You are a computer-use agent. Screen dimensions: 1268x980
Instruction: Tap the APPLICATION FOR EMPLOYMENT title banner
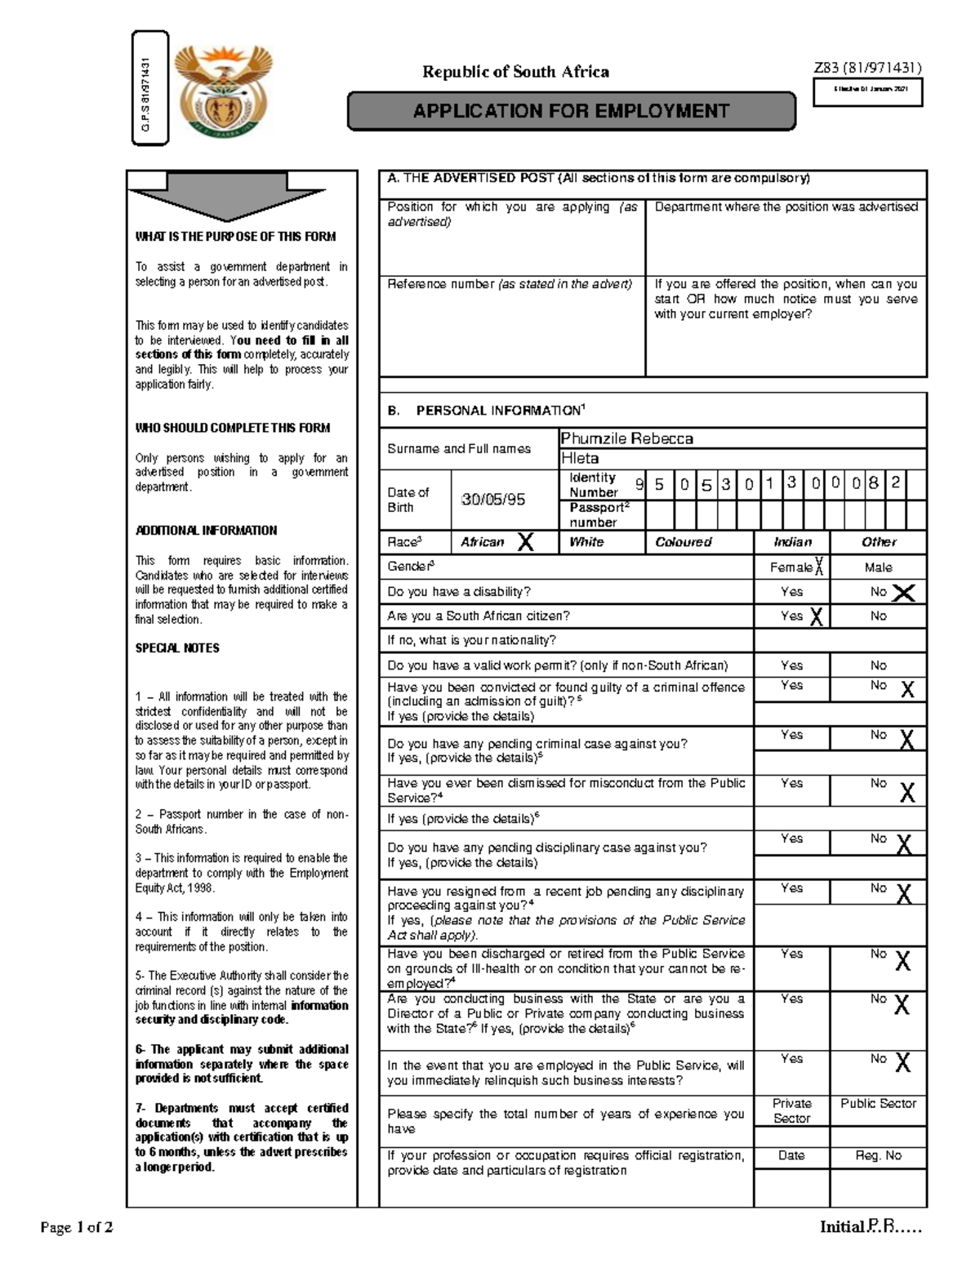click(x=571, y=111)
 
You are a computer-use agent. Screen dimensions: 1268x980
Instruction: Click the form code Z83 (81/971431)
click(x=867, y=68)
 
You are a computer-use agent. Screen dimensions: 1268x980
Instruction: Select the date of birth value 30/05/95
click(x=493, y=500)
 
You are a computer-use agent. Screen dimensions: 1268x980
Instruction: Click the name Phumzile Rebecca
click(x=626, y=438)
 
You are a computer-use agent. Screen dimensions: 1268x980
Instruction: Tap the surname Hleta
click(x=580, y=459)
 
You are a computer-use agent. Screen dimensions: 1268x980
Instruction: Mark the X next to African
click(x=526, y=542)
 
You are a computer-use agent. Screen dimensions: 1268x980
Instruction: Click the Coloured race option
click(x=684, y=542)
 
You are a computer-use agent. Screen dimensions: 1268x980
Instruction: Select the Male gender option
click(x=878, y=567)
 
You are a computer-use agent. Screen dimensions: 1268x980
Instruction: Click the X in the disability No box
click(x=903, y=593)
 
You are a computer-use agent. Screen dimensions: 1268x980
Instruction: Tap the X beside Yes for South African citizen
click(x=816, y=617)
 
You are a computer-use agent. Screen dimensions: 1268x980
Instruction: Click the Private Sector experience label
click(x=791, y=1110)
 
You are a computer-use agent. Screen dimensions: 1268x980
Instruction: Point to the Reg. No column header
click(x=878, y=1155)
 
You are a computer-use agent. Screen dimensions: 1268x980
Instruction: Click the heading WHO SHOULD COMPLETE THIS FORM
click(x=233, y=428)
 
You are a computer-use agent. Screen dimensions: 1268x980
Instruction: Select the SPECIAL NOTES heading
click(x=177, y=648)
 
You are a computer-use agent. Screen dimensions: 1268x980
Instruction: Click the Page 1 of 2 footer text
click(x=77, y=1227)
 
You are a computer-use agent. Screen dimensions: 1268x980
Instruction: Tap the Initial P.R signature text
click(x=871, y=1227)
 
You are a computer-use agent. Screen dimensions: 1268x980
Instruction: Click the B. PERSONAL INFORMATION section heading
click(x=486, y=411)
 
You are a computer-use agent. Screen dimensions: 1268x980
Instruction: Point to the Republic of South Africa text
click(x=515, y=72)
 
